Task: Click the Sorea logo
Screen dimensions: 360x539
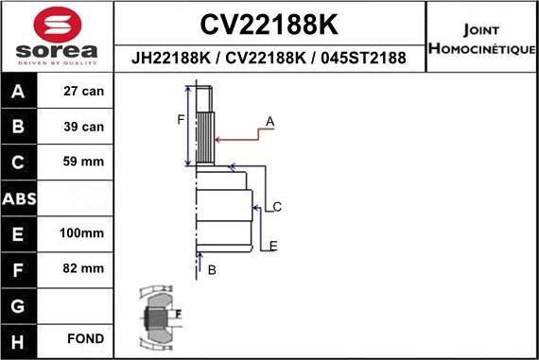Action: point(57,37)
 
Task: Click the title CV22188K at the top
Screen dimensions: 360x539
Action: point(269,23)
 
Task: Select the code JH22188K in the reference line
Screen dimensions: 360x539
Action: point(169,59)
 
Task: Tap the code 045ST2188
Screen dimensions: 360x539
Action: point(363,59)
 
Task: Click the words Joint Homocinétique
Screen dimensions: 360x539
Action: point(481,37)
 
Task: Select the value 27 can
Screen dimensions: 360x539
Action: point(84,92)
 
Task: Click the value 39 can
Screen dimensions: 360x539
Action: point(84,127)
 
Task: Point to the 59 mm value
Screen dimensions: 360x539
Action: point(84,162)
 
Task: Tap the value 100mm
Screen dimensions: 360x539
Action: point(84,232)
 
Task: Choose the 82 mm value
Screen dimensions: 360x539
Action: point(84,267)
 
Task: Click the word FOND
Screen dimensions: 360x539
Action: point(84,338)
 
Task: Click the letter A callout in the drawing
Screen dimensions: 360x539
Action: point(269,121)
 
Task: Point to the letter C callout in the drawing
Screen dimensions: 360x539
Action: point(277,206)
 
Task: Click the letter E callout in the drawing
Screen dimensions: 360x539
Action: point(272,246)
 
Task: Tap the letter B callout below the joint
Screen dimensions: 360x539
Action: point(212,270)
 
